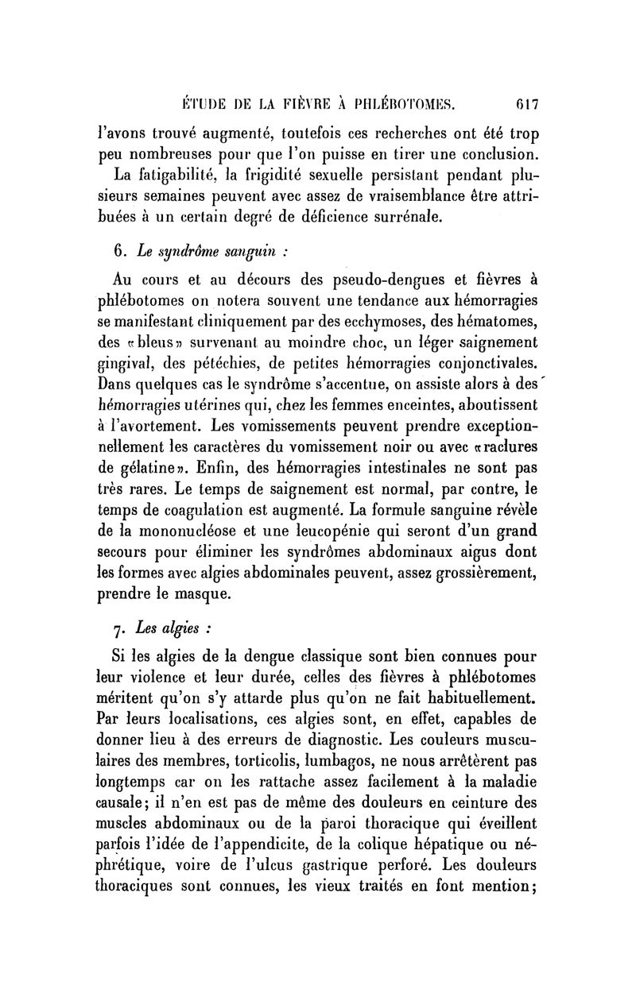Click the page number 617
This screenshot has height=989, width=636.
pos(526,102)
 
